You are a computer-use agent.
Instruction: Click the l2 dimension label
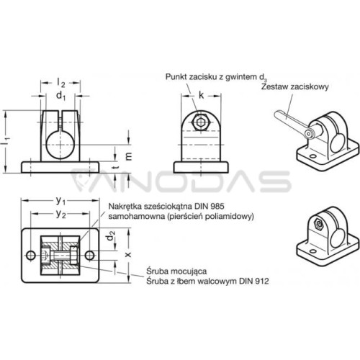click(x=60, y=83)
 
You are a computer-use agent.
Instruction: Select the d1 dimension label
click(x=60, y=96)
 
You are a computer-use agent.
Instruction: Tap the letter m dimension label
click(x=129, y=156)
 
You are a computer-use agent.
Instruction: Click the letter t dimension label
click(x=116, y=167)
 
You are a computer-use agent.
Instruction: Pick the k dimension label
click(x=201, y=95)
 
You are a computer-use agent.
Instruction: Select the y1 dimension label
click(x=60, y=201)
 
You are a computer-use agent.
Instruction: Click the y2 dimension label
click(x=60, y=214)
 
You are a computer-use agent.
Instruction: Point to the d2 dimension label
click(x=111, y=235)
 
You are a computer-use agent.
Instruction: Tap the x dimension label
click(x=129, y=254)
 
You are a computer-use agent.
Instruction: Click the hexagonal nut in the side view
click(x=201, y=122)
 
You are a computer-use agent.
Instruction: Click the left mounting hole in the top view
click(x=31, y=256)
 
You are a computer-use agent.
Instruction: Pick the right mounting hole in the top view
click(x=90, y=256)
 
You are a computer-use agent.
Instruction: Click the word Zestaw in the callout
click(x=274, y=86)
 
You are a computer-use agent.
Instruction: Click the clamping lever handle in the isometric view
click(x=291, y=122)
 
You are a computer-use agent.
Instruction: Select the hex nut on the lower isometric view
click(x=318, y=225)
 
